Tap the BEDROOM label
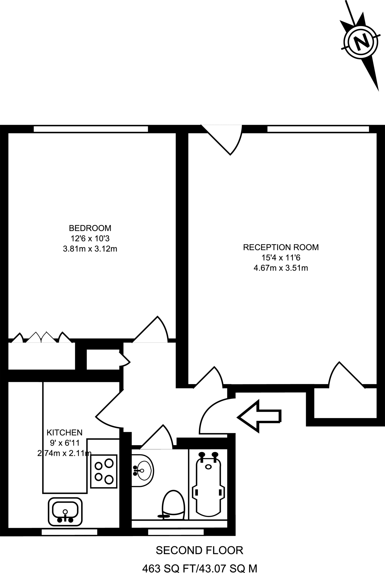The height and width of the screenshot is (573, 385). pos(90,228)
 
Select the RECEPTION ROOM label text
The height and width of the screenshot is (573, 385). pos(281,247)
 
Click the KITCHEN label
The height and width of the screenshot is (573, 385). pos(64,433)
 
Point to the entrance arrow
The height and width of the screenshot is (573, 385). pos(259,417)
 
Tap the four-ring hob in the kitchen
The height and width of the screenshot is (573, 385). pos(104,471)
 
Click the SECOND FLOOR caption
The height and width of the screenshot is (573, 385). pos(199,551)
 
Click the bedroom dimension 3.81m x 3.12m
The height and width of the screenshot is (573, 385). pos(90,249)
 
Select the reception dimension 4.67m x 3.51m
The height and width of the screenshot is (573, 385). pos(281,268)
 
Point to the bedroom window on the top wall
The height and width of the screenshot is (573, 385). pos(91,129)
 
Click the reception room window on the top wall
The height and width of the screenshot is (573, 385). pos(318,129)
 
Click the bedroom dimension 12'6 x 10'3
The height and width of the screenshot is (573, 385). pos(90,239)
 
